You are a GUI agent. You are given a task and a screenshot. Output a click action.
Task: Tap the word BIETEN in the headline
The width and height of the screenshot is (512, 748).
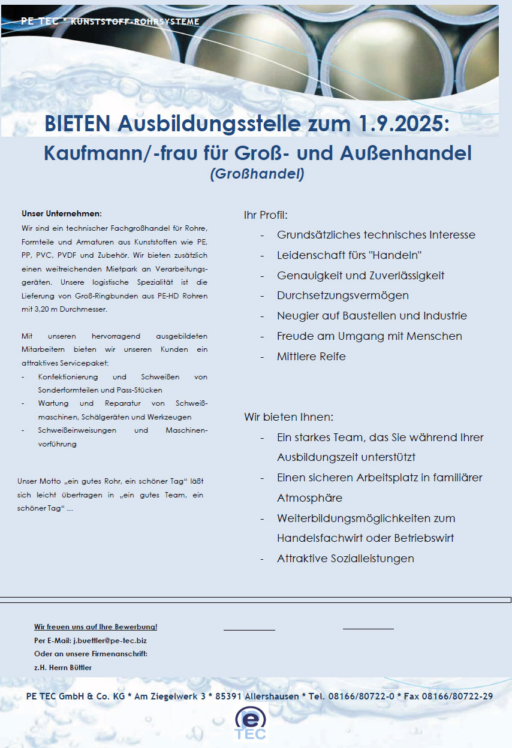coord(77,124)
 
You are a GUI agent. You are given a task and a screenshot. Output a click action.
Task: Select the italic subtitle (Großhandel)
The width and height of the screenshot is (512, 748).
coord(257,174)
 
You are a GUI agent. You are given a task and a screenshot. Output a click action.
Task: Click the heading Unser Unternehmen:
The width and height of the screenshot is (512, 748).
coord(62,213)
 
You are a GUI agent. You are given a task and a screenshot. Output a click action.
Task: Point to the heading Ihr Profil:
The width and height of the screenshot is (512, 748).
coord(266,215)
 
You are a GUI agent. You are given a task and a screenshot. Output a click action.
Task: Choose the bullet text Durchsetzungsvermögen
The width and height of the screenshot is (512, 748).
coord(342,295)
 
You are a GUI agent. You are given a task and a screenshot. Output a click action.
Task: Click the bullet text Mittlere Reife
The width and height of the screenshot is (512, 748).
coord(311,356)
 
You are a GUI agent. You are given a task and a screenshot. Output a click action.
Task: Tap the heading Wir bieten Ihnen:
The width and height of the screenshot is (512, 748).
coord(288,417)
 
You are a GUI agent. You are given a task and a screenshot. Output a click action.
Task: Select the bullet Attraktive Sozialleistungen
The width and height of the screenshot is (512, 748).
coord(345,558)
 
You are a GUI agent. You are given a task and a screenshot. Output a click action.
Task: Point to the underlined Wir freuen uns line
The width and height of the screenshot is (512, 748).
coord(96,627)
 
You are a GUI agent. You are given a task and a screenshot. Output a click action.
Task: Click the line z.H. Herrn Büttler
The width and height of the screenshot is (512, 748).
coord(63,667)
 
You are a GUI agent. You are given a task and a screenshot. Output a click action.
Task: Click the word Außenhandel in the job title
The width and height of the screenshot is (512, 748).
coord(406,153)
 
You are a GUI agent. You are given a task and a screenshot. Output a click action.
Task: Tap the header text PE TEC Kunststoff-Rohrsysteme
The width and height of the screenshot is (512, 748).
coord(110,22)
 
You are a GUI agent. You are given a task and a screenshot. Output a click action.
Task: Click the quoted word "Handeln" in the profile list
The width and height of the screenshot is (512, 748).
coord(396,255)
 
